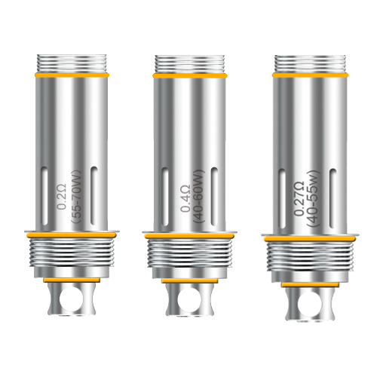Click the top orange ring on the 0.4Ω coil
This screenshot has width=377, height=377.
(190, 76)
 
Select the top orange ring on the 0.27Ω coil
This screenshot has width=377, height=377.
(311, 75)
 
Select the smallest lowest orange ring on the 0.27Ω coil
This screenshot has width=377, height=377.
(311, 284)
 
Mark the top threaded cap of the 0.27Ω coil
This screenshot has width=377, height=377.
(311, 63)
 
